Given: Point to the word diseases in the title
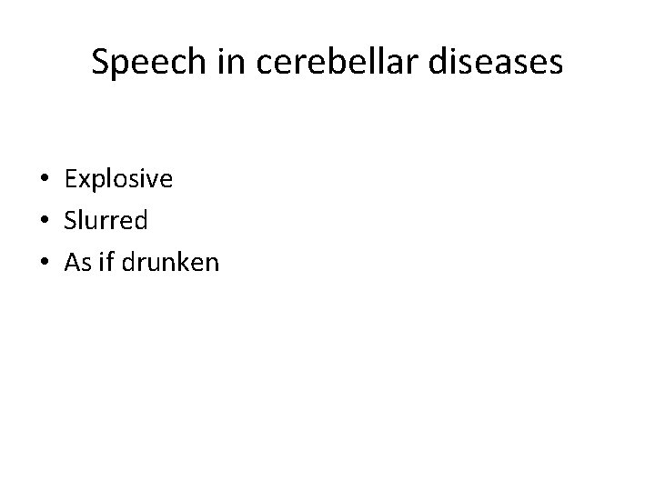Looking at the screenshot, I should pos(498,63).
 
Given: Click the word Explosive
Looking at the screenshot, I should pos(118,180).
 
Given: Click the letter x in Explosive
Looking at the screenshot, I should pos(82,180).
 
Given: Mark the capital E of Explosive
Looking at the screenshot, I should pos(70,180).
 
